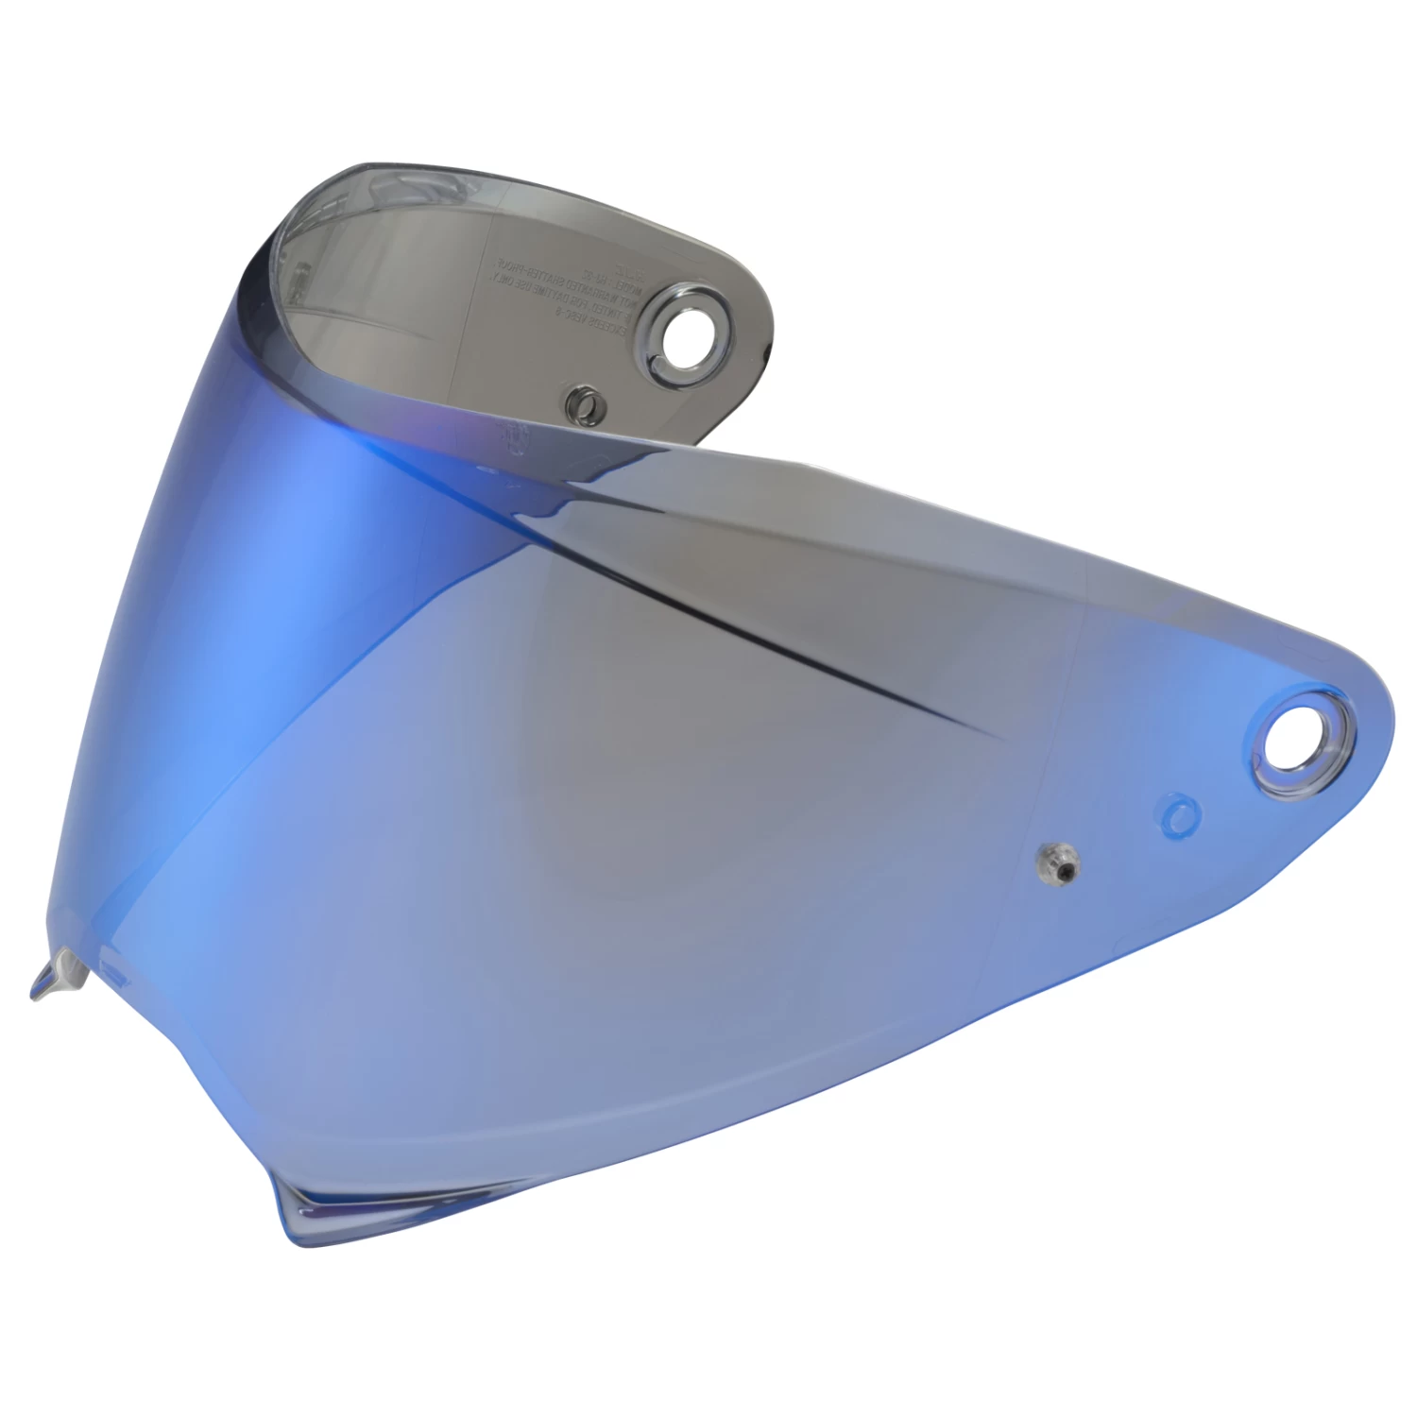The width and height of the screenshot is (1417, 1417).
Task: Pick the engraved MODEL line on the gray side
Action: point(612,283)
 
